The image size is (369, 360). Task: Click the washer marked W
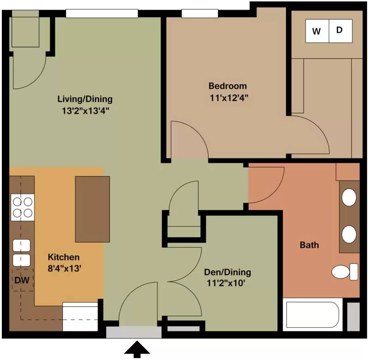click(317, 31)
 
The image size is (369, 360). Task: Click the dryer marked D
click(340, 31)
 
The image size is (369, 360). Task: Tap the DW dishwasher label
click(22, 280)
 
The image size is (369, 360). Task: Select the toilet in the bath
click(345, 272)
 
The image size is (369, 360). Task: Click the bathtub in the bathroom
click(313, 315)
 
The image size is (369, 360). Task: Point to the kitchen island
click(93, 209)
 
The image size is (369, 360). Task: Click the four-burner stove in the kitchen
click(23, 207)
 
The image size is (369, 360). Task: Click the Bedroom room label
click(227, 86)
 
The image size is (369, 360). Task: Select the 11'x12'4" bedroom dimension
click(229, 97)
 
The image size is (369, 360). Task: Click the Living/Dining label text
click(85, 99)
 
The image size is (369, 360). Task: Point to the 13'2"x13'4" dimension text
click(85, 111)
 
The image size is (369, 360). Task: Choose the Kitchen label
click(64, 257)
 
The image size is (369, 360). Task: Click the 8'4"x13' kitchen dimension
click(65, 268)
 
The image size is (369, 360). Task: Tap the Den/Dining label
click(227, 272)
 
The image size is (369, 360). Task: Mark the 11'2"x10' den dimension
click(226, 283)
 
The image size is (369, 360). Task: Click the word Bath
click(309, 245)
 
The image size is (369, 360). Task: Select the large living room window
click(102, 13)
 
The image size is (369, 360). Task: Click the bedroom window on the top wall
click(200, 13)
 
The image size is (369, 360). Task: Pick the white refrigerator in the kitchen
click(80, 317)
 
